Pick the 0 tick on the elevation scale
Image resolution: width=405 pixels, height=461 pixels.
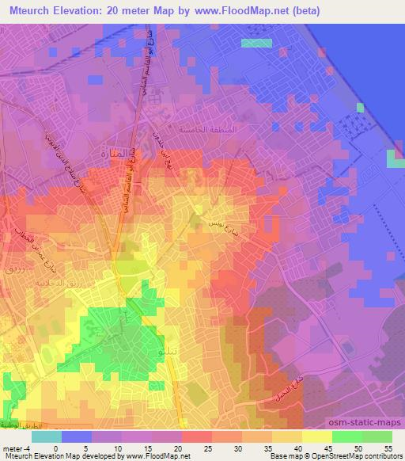pyautogui.click(x=55, y=448)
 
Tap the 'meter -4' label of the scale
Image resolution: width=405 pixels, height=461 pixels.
pyautogui.click(x=16, y=448)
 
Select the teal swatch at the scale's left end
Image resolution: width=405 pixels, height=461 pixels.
pyautogui.click(x=47, y=436)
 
